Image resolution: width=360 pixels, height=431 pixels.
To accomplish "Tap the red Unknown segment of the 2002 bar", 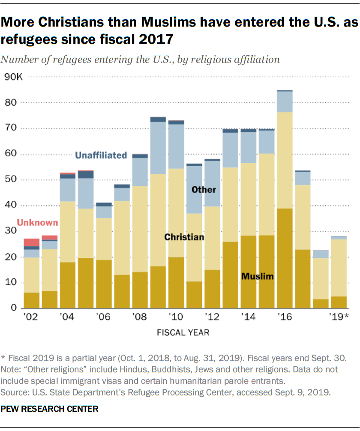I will tap(31, 242).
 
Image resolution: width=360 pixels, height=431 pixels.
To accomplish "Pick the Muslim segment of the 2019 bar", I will tap(339, 302).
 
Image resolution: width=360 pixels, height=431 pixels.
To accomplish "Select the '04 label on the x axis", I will tap(67, 317).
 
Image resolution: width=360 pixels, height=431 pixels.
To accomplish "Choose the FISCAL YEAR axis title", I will tap(183, 332).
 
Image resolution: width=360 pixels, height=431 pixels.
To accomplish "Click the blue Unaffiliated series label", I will tap(101, 155).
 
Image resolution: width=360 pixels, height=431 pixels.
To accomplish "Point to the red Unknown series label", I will tap(37, 222).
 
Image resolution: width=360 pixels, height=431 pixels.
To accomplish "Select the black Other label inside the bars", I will tap(204, 189).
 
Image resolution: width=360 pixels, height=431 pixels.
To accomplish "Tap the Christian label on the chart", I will tap(185, 237).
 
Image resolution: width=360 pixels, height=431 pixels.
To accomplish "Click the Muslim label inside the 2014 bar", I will tap(257, 276).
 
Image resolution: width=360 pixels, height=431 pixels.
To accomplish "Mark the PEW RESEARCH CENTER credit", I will tap(49, 409).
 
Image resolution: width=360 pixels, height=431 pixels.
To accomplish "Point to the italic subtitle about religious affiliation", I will tap(140, 60).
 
